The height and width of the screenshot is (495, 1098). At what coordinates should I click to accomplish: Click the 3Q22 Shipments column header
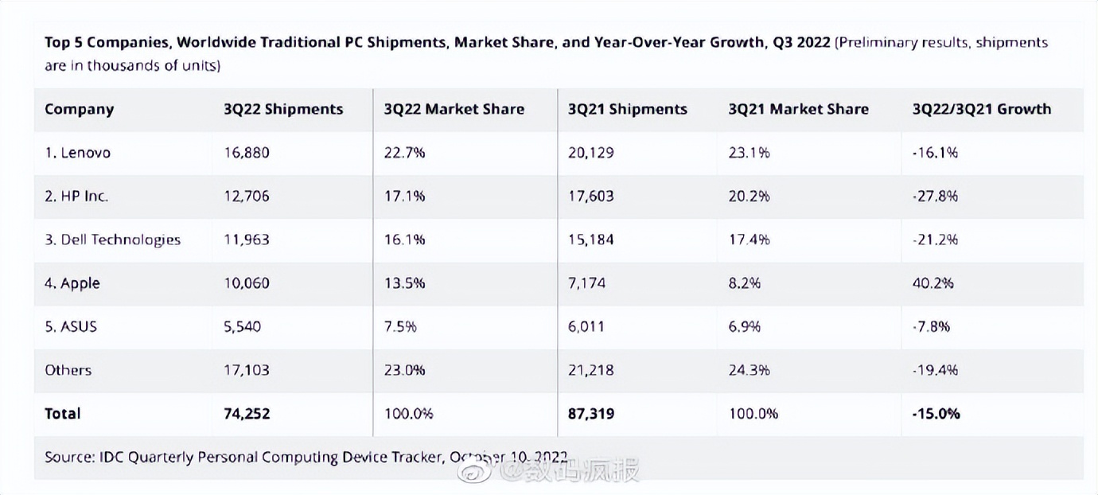(x=283, y=110)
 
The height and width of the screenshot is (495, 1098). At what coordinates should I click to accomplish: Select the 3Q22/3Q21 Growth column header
(x=981, y=110)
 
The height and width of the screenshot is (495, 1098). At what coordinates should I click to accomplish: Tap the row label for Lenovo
(x=77, y=153)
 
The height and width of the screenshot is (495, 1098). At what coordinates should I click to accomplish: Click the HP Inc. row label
(x=76, y=197)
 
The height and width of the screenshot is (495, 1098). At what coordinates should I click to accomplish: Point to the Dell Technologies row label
(x=112, y=240)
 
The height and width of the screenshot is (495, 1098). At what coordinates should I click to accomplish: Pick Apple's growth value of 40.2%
(x=933, y=283)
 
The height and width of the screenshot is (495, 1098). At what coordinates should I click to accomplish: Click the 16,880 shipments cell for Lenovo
(x=247, y=153)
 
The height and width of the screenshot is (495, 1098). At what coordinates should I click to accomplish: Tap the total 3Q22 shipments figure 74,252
(x=247, y=413)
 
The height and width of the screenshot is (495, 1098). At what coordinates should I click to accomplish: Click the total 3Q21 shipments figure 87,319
(x=590, y=413)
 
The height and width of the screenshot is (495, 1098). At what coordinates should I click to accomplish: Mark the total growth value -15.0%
(x=936, y=413)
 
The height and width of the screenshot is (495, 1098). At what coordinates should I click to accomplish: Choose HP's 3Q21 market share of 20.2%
(x=749, y=197)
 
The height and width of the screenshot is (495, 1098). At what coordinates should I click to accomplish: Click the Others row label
(x=68, y=370)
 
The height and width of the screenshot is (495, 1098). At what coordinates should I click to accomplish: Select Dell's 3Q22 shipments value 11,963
(x=247, y=240)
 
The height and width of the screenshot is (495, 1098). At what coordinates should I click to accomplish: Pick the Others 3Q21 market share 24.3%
(x=749, y=370)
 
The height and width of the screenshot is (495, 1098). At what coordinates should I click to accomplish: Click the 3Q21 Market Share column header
(x=798, y=110)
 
